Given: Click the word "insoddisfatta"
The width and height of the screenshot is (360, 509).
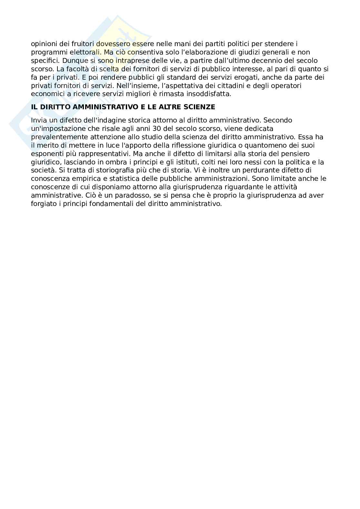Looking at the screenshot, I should pyautogui.click(x=210, y=94).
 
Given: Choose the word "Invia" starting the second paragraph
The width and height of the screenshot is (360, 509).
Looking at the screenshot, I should pyautogui.click(x=38, y=120).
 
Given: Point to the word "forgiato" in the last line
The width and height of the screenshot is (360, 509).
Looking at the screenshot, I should pyautogui.click(x=42, y=204).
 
